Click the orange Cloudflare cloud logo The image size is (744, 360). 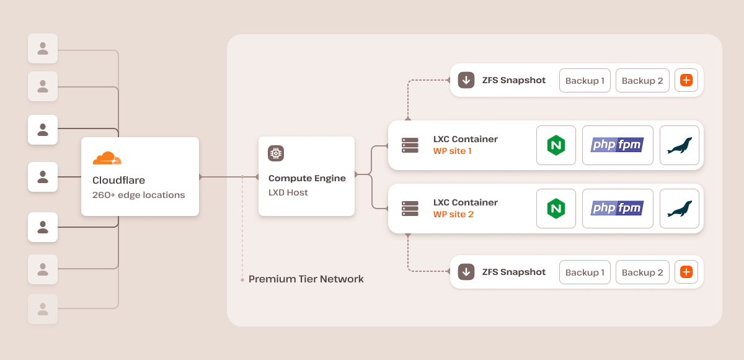pos(107,158)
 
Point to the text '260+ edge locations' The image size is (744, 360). pos(138,195)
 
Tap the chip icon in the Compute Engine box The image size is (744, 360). pos(275,153)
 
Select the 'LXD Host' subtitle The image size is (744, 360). pos(288,192)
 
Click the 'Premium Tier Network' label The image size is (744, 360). pos(306,279)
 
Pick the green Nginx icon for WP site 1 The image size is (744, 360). pos(556,145)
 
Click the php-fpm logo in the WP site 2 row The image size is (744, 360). pos(617,208)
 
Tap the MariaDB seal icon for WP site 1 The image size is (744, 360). pos(679,146)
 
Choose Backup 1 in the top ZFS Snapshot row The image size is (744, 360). pos(585,81)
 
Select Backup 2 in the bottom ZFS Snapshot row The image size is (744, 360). pos(642,272)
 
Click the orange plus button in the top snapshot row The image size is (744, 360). pos(686,81)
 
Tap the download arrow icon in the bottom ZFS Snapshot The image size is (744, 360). pos(466,272)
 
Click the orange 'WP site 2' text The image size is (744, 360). pos(453,215)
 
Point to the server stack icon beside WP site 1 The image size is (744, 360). pos(410,145)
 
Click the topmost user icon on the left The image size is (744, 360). pos(43,48)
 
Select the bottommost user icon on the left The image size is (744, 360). pos(43,308)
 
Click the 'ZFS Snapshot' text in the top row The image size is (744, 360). pos(513,80)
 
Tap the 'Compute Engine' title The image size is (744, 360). pos(307,178)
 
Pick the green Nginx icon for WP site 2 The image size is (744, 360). pos(556,208)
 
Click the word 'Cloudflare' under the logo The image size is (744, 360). pos(118,181)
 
